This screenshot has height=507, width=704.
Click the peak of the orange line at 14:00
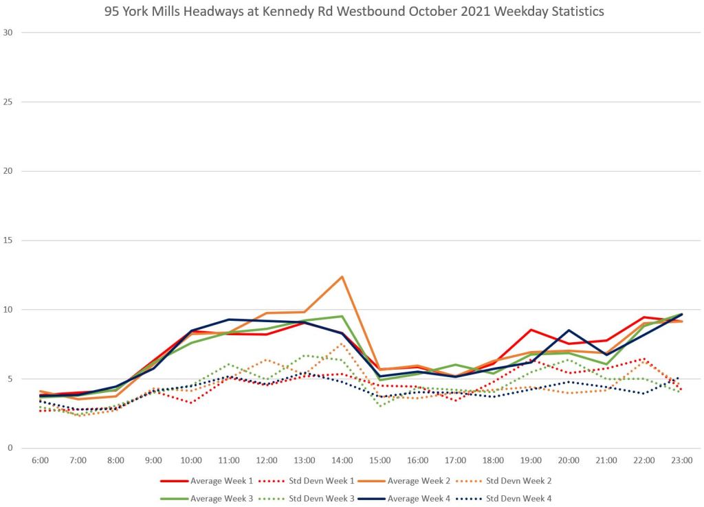click(x=342, y=277)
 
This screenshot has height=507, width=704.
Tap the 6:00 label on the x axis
click(x=40, y=460)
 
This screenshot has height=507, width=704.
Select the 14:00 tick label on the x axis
click(x=342, y=460)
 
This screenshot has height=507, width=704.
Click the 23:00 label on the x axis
click(x=682, y=460)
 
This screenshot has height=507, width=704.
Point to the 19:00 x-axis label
click(x=531, y=460)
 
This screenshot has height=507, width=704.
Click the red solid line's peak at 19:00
click(x=531, y=330)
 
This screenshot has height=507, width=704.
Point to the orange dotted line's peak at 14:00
click(x=342, y=343)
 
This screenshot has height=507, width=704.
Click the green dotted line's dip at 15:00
click(x=380, y=405)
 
